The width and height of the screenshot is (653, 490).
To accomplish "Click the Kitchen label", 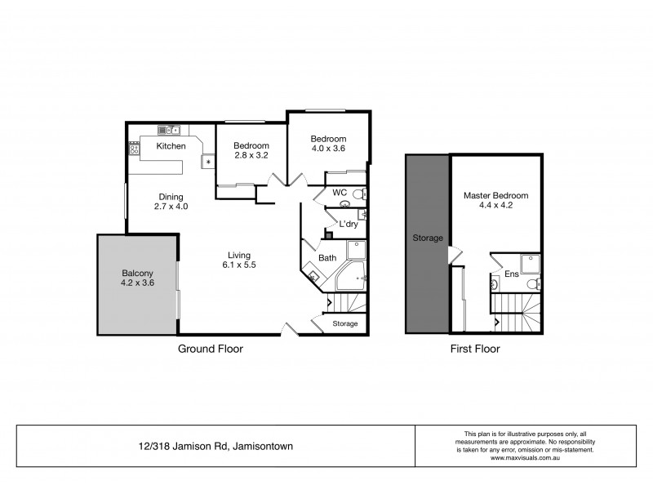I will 171,146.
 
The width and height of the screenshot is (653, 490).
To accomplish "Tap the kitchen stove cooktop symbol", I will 135,149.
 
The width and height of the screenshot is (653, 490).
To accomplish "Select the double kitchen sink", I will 169,130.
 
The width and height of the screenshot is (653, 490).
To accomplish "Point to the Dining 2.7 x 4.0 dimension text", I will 171,207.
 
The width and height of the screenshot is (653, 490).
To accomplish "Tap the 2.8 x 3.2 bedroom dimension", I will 251,154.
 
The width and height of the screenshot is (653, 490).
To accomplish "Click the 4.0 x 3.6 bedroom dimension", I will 328,149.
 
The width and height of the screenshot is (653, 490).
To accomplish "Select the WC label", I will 340,192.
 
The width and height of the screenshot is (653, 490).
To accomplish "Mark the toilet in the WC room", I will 359,194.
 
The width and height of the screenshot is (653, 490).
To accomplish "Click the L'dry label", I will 349,224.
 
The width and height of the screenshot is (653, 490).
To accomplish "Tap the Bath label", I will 327,258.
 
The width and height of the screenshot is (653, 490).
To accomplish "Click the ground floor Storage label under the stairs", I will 345,324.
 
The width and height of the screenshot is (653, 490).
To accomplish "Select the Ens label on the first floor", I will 511,274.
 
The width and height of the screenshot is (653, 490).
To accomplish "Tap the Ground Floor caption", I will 211,349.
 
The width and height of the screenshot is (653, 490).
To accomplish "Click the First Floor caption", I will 474,349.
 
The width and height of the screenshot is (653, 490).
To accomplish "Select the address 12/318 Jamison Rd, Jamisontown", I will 215,446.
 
